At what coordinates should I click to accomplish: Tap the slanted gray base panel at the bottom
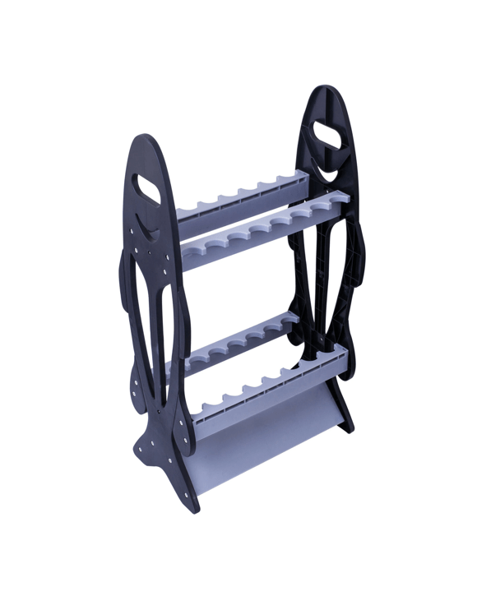pyautogui.click(x=247, y=448)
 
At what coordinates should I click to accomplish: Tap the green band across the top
pyautogui.click(x=238, y=29)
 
